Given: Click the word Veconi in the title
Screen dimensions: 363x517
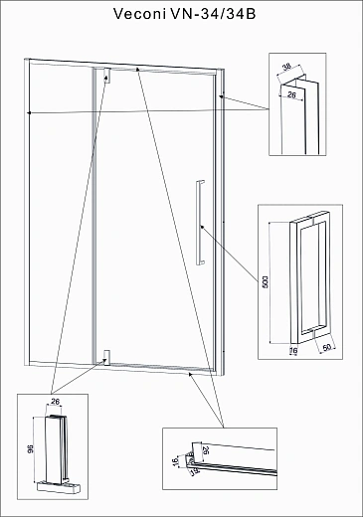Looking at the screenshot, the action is tap(139, 14).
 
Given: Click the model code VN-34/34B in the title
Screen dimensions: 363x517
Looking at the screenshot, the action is tap(213, 14).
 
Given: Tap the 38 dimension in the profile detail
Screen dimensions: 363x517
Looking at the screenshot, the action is tap(286, 67).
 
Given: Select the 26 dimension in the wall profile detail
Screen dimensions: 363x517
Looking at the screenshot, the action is tap(291, 95).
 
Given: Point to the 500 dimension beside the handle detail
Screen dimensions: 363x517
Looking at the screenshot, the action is tap(265, 281).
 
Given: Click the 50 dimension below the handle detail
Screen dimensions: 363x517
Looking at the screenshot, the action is tap(327, 348).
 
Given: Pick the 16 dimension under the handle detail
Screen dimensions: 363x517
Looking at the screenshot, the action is tap(293, 350).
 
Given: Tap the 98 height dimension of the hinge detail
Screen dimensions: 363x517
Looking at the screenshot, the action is tap(30, 448).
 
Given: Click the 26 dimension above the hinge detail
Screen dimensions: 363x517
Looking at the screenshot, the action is tap(55, 402).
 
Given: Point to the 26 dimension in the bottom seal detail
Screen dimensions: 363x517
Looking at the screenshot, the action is tap(206, 450).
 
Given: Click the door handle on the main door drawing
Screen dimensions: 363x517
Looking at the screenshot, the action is tap(200, 223).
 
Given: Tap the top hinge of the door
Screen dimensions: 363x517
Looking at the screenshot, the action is tap(106, 76).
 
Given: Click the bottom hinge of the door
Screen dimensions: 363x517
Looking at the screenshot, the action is tap(106, 358).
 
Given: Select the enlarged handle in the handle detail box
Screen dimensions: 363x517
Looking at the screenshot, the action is tap(309, 277).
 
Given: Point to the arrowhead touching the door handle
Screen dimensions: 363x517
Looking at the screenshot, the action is tap(202, 227).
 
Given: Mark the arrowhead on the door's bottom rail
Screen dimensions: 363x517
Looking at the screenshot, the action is tap(191, 374).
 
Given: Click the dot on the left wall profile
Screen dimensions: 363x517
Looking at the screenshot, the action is tap(30, 113).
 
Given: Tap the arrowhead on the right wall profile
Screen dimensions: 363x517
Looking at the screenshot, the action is tap(222, 96).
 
